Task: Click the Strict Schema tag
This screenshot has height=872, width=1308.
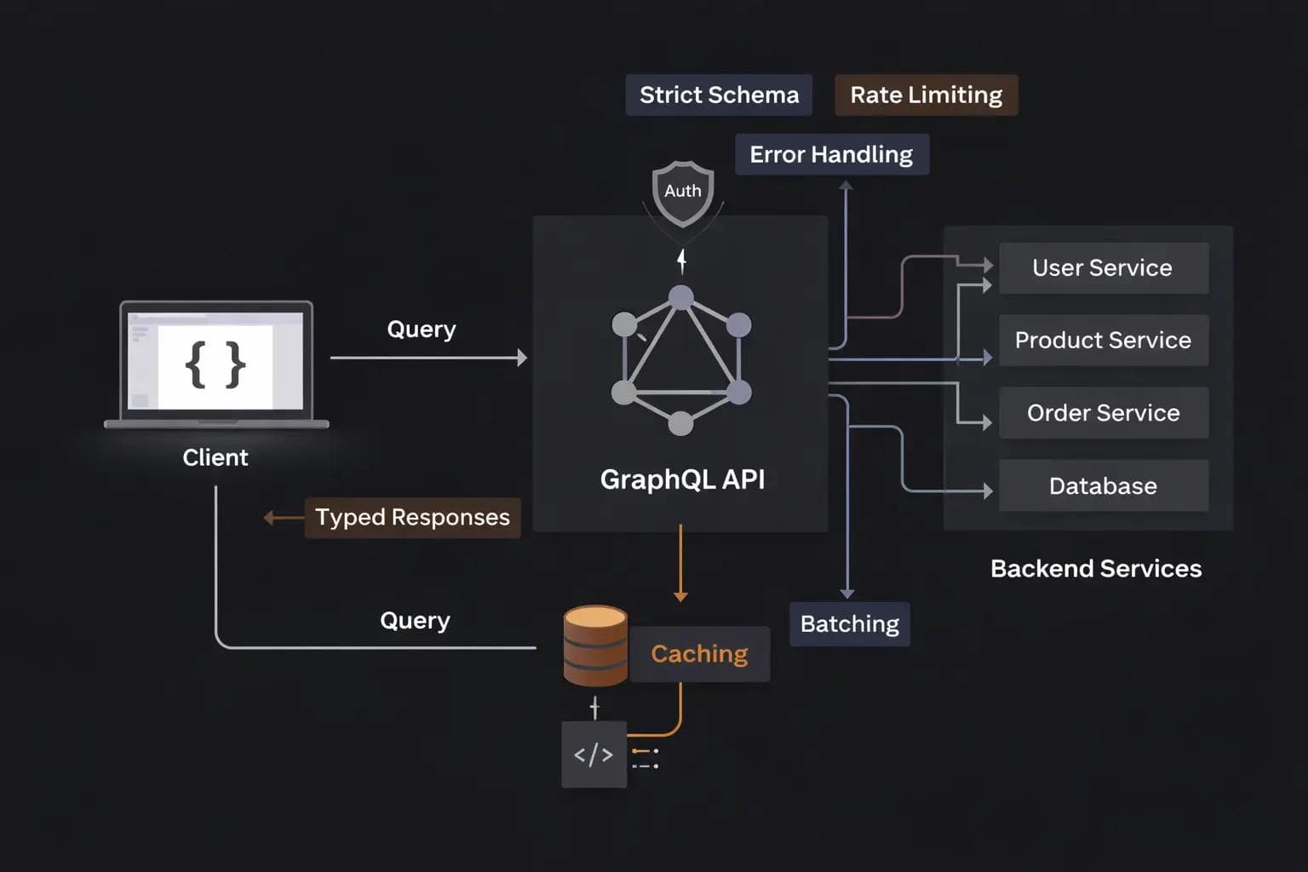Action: [x=719, y=95]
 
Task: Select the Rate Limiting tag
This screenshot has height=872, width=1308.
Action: [x=926, y=95]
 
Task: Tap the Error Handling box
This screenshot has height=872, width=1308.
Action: [x=831, y=154]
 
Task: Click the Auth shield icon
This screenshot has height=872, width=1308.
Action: [x=683, y=192]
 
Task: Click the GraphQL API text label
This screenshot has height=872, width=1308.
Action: [x=682, y=479]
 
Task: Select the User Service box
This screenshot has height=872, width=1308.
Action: [x=1103, y=268]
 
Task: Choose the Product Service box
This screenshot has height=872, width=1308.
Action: [x=1103, y=341]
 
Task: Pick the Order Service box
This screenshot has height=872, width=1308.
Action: [x=1103, y=413]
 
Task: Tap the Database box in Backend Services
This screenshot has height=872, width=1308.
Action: [x=1103, y=485]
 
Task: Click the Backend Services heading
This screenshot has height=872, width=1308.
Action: [x=1096, y=569]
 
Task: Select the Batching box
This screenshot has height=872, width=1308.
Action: [x=849, y=624]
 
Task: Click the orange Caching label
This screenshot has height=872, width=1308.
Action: [x=699, y=654]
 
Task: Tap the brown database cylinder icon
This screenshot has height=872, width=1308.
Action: [x=595, y=645]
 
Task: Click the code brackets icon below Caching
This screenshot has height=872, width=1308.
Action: [x=594, y=754]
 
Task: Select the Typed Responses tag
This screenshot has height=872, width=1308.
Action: [x=412, y=518]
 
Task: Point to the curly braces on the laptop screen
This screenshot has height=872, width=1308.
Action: [x=215, y=364]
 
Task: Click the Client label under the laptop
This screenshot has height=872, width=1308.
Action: [x=215, y=458]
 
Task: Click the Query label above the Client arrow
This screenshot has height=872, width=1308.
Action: [x=422, y=330]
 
